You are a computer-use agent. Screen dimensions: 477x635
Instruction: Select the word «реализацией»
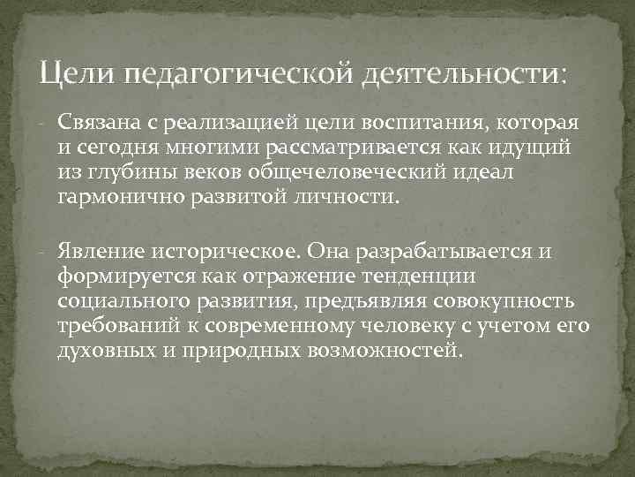(x=223, y=121)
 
